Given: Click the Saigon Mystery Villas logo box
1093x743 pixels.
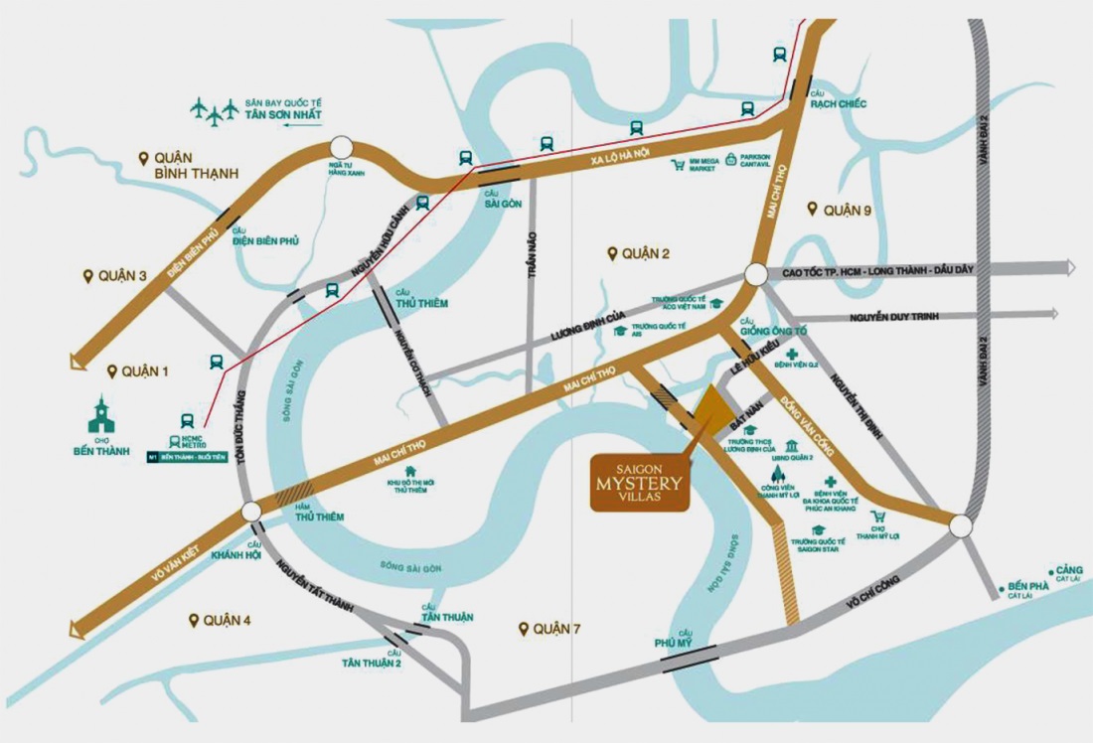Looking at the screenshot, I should (x=640, y=483).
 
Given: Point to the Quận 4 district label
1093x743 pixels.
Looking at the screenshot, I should (x=227, y=621).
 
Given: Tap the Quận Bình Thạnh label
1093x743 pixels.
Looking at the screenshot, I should (x=196, y=166).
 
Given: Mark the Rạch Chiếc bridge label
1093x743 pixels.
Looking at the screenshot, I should (x=838, y=99).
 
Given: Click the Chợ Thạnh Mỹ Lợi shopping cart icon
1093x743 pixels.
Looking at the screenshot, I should (x=877, y=518).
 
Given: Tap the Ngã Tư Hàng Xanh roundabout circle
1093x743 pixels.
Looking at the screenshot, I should (x=342, y=147).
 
